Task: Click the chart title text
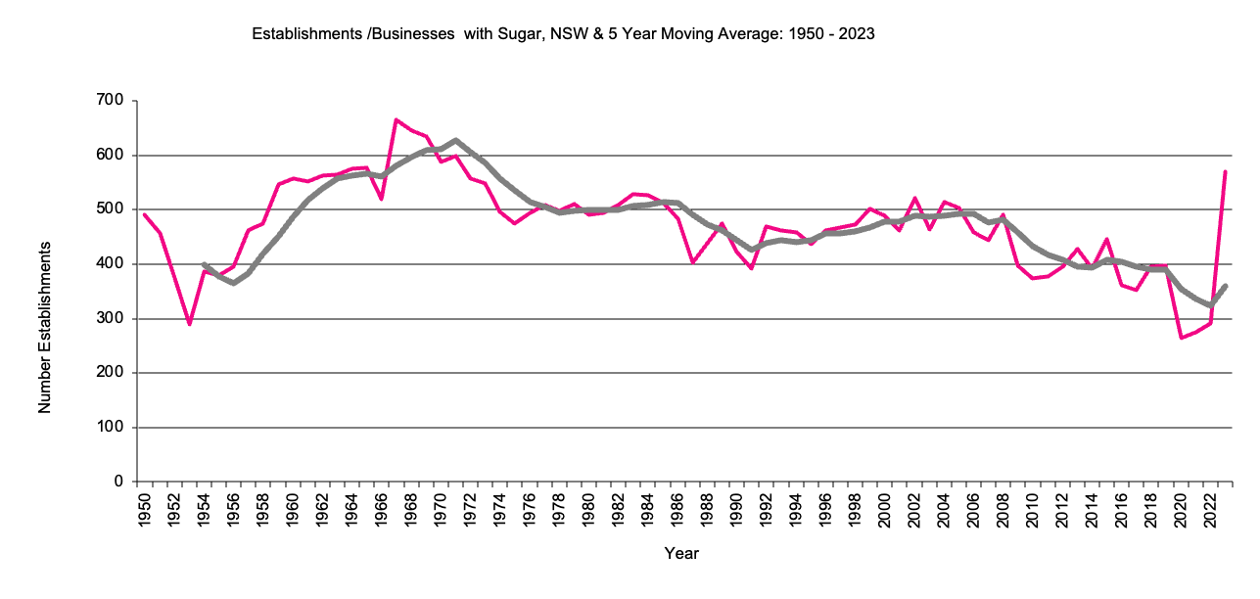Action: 563,33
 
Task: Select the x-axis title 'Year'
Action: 681,554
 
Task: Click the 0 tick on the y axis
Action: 117,483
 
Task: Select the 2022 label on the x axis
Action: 1210,512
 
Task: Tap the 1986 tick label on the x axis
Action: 677,512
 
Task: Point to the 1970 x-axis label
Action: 441,512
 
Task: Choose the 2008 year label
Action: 1003,512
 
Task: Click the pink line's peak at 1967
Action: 396,119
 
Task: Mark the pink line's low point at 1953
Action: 189,324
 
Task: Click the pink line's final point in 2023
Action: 1225,172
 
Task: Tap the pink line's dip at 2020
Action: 1181,338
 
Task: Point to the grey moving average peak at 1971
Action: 455,140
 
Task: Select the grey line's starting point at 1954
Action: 204,264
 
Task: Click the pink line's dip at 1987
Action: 692,262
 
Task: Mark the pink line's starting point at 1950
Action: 144,214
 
